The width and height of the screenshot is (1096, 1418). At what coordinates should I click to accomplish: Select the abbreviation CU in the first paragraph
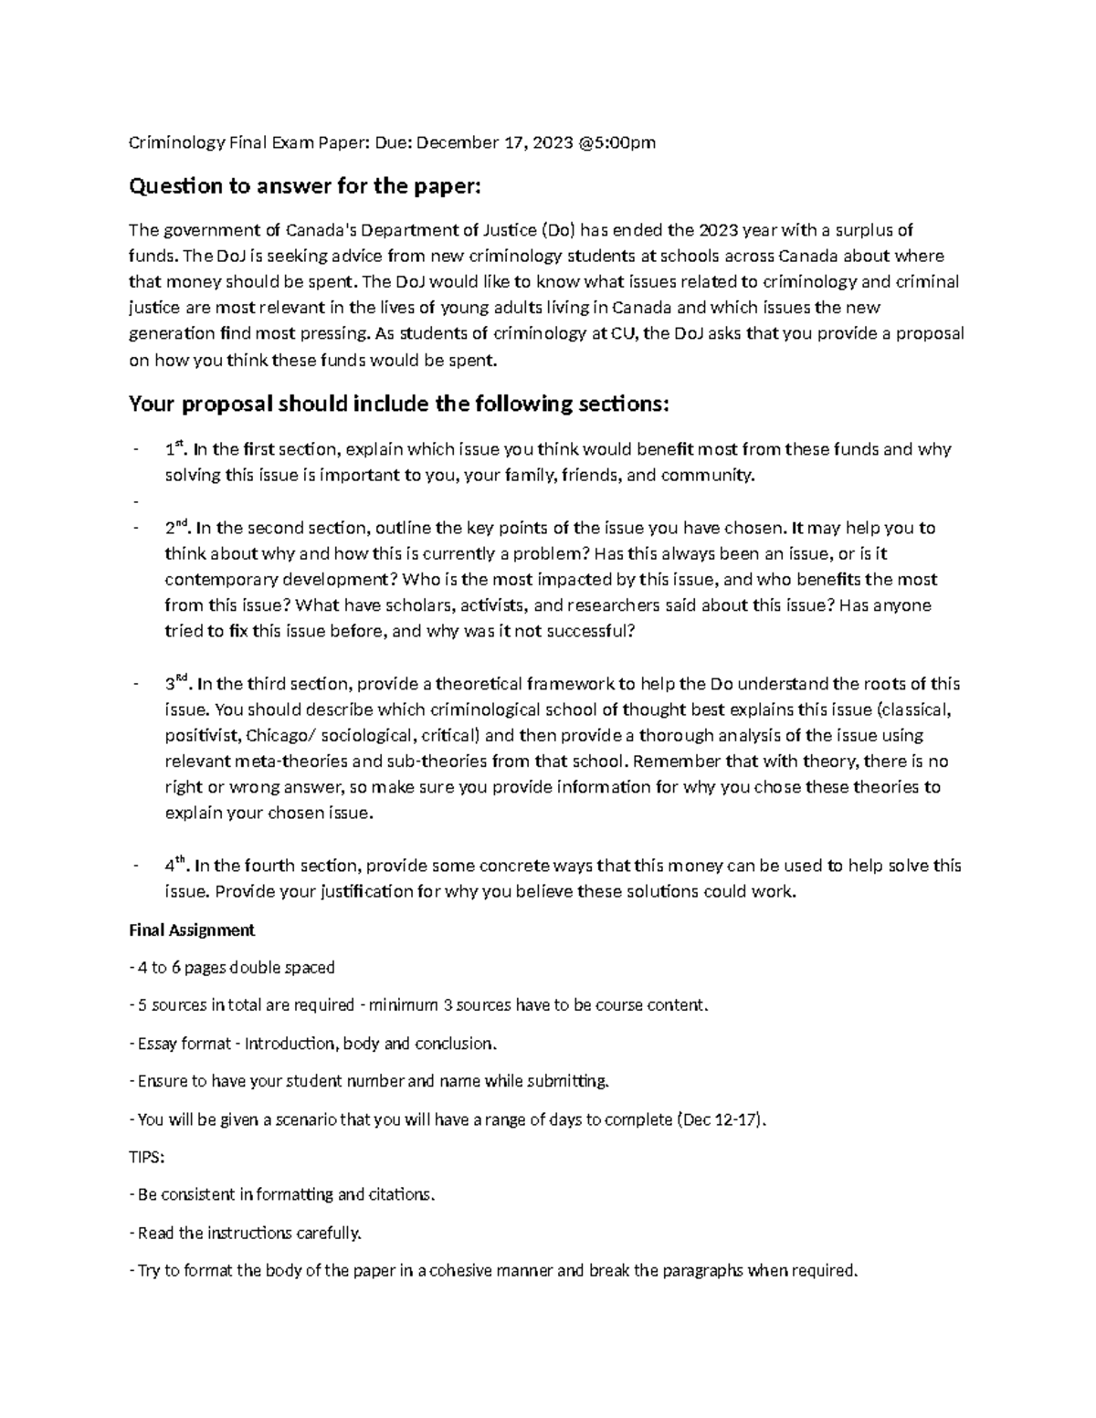[x=626, y=333]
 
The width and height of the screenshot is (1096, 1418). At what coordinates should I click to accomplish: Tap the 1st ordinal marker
[x=174, y=448]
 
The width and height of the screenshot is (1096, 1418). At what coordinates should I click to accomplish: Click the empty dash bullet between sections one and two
[x=134, y=501]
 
